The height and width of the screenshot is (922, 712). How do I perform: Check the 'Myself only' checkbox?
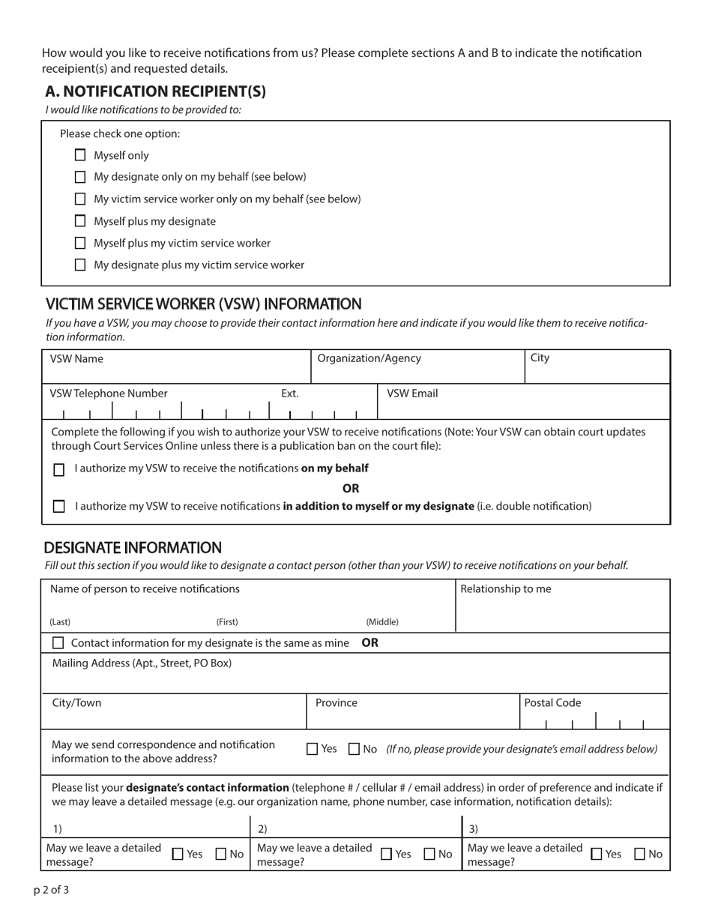(80, 156)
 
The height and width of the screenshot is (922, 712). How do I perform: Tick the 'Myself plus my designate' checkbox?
(80, 221)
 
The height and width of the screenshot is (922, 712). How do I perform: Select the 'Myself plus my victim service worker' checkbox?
(80, 243)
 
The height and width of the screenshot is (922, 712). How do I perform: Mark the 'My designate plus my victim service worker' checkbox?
(80, 265)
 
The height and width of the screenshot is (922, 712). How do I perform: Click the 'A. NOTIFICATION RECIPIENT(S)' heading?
(155, 91)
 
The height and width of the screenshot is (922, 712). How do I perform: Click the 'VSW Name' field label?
(76, 358)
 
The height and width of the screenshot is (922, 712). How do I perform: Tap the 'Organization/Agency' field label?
(369, 358)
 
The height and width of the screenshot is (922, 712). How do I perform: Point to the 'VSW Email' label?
(412, 394)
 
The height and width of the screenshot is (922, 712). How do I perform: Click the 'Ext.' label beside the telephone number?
(290, 394)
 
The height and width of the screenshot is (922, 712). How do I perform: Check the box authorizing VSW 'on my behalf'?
(59, 470)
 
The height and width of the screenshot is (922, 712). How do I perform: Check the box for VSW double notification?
(59, 507)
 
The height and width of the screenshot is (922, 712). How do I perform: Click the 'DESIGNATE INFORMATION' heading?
(133, 548)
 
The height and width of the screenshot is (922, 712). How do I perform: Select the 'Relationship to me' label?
(505, 589)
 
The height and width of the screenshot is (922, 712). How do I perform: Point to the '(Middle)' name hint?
(382, 622)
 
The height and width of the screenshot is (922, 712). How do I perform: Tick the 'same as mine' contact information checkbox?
(58, 643)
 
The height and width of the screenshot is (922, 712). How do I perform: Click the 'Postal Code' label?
(552, 703)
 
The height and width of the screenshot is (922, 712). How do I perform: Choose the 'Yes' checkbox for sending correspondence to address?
(313, 749)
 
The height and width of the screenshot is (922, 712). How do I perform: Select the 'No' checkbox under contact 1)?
(222, 854)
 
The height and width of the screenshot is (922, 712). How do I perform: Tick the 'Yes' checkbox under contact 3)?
(597, 854)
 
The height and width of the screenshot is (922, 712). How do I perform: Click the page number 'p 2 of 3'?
(51, 891)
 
